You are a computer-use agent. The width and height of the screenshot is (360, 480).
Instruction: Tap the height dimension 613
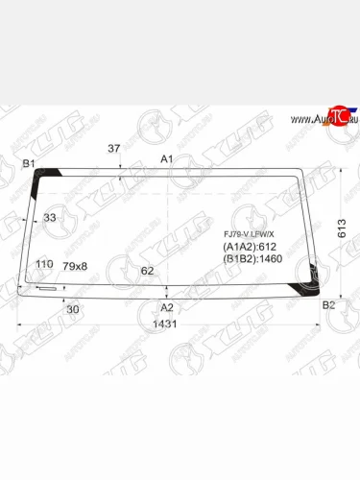(x=343, y=228)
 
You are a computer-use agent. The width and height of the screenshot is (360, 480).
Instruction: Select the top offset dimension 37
(x=113, y=149)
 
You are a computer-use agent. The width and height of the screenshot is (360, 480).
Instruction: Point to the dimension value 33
(x=50, y=218)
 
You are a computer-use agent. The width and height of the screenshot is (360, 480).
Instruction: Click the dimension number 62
(x=147, y=271)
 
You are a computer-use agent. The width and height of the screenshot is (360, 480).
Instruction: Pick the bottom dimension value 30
(x=73, y=308)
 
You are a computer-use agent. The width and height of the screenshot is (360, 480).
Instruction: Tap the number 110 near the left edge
(x=43, y=265)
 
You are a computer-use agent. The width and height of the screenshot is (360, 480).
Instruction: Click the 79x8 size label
(x=75, y=266)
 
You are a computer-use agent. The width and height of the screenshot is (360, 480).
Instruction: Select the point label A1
(x=167, y=158)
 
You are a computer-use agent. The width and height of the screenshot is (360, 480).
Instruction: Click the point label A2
(x=167, y=307)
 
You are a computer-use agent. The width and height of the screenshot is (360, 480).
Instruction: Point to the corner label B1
(x=29, y=164)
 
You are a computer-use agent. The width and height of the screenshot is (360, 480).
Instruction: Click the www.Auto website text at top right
(x=305, y=120)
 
